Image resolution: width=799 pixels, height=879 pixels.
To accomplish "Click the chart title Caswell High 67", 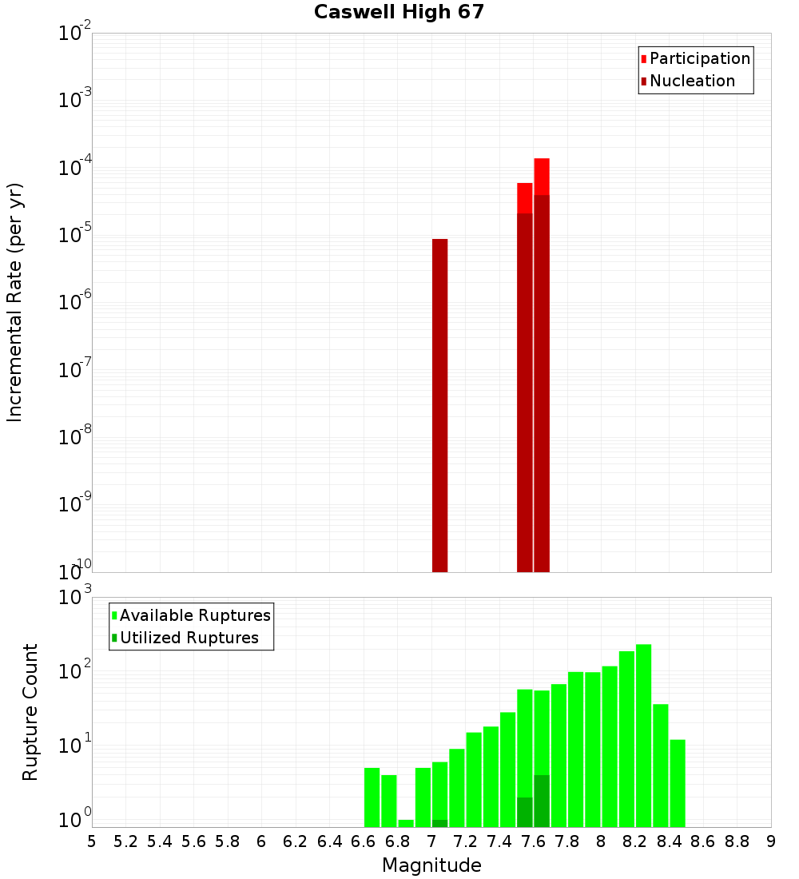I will [x=399, y=12].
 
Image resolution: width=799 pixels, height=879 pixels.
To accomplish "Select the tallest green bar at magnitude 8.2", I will [x=643, y=735].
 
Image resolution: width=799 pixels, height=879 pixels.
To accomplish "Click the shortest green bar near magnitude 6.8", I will [x=406, y=823].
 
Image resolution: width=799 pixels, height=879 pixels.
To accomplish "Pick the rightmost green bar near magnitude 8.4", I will [x=678, y=783].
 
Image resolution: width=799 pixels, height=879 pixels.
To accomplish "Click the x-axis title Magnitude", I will [x=431, y=865].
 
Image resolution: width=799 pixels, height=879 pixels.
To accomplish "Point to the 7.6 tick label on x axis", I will [x=533, y=841].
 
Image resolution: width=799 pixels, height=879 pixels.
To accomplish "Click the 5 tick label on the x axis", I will [x=92, y=841].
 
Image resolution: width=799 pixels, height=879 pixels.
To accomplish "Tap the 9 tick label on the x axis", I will [x=771, y=841].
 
